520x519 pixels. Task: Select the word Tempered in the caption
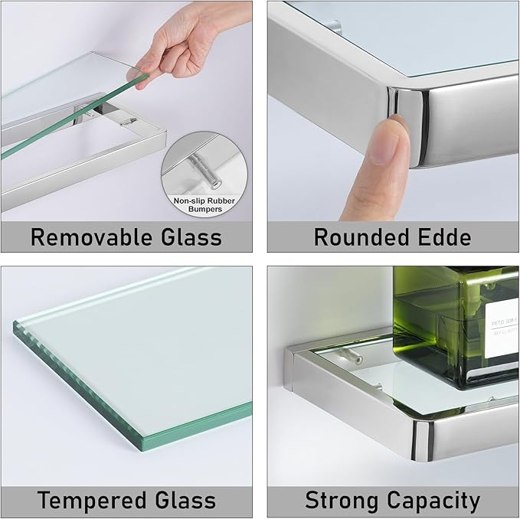coord(90,501)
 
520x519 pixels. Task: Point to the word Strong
coord(345,501)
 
